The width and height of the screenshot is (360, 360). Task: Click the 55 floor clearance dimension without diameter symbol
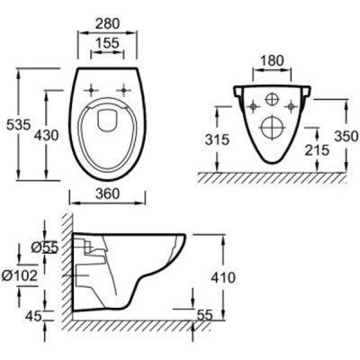tap(206, 315)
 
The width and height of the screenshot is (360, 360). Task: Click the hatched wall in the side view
tap(64, 270)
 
